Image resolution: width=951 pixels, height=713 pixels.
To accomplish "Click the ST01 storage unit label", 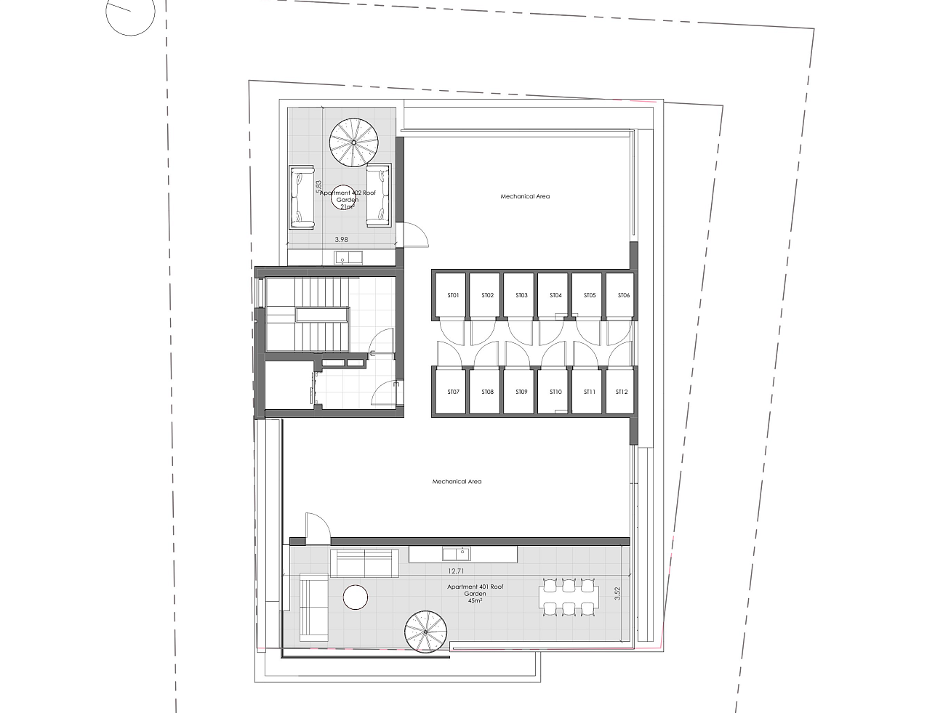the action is coord(453,295).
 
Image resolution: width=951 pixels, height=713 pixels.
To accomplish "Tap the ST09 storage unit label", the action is coord(521,392).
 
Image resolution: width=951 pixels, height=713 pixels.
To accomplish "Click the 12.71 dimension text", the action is coord(456,571).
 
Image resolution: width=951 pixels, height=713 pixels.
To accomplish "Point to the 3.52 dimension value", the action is coord(617,593).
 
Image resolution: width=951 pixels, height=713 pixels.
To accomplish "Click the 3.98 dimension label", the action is coord(342,239).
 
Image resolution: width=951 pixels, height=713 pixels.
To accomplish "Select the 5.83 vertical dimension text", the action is coord(319,187).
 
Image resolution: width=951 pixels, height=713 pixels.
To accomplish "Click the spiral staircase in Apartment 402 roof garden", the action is coord(353,142).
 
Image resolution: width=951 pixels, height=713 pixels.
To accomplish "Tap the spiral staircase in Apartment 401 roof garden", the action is coord(425,632).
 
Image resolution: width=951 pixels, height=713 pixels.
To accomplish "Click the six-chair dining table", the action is coord(569,597).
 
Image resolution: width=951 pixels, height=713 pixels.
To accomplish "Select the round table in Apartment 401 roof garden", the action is coord(356,597).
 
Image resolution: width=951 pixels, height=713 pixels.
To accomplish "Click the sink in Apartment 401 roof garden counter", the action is coord(456,554).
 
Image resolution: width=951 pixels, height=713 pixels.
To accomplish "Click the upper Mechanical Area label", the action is coord(525,196).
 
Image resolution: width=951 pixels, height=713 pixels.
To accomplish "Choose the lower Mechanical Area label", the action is coord(457,481).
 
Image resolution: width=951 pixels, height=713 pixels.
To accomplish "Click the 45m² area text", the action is coord(475,601).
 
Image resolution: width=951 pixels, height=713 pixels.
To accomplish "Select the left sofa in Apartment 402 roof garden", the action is coord(302,197).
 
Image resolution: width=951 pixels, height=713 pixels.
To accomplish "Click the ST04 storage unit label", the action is coord(555,295).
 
